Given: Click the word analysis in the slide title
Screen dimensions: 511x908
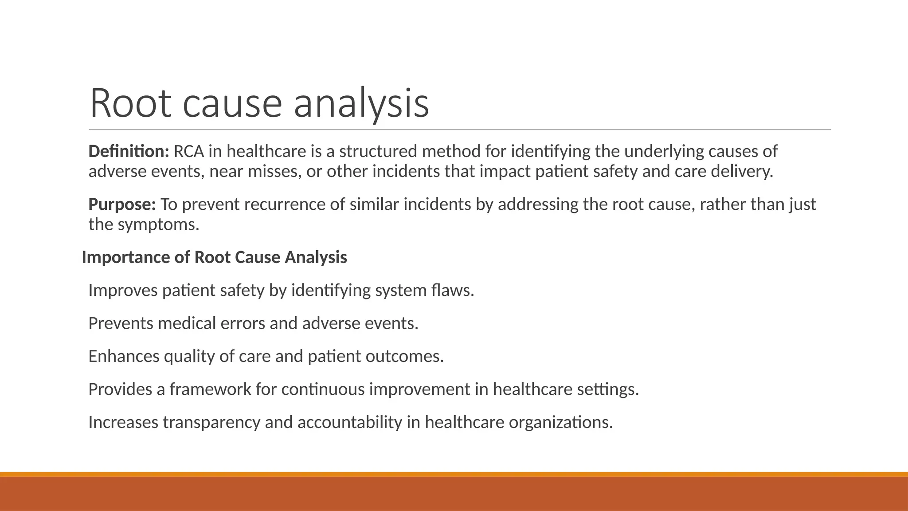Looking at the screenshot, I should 361,104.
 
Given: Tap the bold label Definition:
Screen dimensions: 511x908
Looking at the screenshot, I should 129,152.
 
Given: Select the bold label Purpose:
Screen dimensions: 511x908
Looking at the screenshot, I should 122,204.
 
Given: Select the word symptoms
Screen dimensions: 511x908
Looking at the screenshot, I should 158,224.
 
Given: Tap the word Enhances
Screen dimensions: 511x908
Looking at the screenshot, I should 124,356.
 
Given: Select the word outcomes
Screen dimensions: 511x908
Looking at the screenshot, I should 404,356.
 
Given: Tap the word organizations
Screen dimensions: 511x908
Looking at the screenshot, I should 560,422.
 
